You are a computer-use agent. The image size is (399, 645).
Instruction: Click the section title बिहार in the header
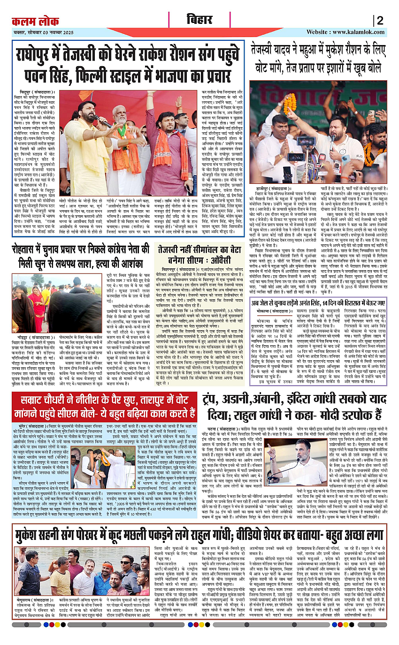[199, 20]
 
